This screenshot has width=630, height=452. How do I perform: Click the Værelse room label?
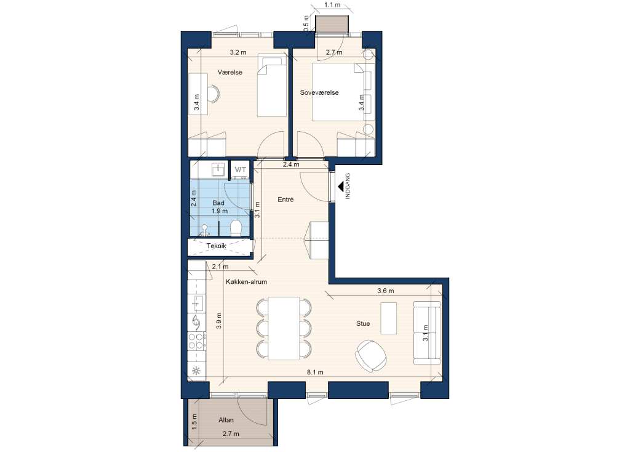click(230, 73)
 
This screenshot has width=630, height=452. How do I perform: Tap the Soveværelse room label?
click(319, 92)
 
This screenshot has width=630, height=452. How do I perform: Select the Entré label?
click(285, 200)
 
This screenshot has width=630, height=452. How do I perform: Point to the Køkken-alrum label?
click(246, 282)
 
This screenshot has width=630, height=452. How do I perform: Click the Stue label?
click(363, 323)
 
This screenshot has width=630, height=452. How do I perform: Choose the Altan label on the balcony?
click(226, 420)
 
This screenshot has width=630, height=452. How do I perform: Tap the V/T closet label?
click(241, 170)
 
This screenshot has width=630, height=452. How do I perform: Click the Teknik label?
click(217, 246)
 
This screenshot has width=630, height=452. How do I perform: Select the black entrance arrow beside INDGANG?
click(341, 186)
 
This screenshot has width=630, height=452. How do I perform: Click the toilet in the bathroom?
click(236, 228)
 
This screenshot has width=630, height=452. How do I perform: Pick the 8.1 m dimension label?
click(315, 373)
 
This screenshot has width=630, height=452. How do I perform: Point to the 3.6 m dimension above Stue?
click(386, 291)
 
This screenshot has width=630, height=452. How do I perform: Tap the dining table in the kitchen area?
click(284, 329)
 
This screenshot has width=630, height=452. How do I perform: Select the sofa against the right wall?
click(427, 333)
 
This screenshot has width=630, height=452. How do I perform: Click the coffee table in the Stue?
click(389, 318)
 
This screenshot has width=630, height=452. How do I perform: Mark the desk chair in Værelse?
click(213, 94)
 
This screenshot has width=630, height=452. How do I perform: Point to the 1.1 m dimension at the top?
click(332, 5)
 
